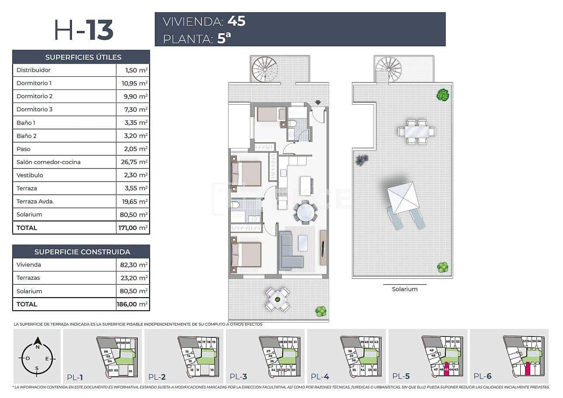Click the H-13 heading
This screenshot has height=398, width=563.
pos(84,30)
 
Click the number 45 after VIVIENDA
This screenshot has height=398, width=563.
pos(236,21)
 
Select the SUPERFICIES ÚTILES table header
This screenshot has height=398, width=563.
pos(83,57)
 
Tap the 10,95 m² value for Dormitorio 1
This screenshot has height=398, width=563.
pos(136,83)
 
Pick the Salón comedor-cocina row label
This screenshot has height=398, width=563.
pos(48,162)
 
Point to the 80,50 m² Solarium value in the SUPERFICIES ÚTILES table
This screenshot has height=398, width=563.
pos(136,214)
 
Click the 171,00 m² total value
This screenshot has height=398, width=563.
pos(133,227)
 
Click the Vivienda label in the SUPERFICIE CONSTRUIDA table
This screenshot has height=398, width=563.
pos(29,264)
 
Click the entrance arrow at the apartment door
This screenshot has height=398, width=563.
pos(318,103)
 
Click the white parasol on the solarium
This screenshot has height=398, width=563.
pos(403,198)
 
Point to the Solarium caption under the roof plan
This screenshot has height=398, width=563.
pos(404,289)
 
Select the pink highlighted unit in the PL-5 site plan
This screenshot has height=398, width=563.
pos(446,369)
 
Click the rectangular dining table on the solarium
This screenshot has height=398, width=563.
pos(417,131)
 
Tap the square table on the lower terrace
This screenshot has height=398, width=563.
pos(278,299)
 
